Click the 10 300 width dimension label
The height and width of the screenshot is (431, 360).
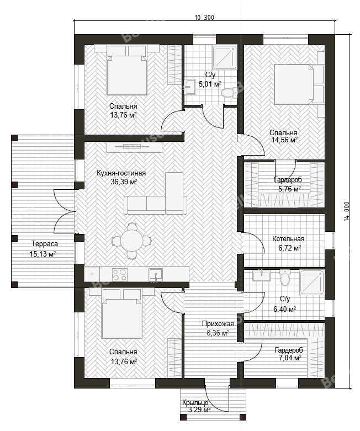(204, 18)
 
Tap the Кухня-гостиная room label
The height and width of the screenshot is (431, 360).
(121, 173)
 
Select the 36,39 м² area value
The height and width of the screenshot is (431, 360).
(124, 182)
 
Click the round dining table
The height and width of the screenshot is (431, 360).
(131, 241)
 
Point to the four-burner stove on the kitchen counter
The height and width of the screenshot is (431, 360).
(120, 275)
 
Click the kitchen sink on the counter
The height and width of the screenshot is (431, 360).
(156, 275)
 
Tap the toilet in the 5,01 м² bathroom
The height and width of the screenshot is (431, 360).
(229, 93)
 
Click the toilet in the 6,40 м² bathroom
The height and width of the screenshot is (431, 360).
(285, 278)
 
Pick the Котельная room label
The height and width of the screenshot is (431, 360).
(288, 239)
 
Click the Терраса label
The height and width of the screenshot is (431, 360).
(45, 244)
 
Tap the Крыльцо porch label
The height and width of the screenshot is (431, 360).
(195, 403)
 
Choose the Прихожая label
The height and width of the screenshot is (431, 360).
(218, 324)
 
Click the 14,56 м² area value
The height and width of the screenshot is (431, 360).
(284, 140)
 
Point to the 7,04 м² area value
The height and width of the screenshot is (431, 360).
(289, 358)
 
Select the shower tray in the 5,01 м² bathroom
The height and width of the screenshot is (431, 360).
(225, 57)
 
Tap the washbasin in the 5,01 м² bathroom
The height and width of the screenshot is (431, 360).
(189, 87)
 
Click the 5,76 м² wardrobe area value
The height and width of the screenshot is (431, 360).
(289, 189)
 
